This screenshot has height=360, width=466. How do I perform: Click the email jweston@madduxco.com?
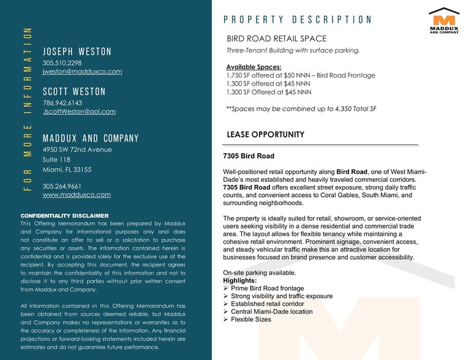click(x=82, y=72)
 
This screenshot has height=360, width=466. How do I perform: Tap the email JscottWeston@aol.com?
click(x=79, y=111)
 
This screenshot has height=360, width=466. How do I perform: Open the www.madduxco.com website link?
click(x=77, y=195)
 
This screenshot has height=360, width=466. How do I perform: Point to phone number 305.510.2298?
click(x=62, y=62)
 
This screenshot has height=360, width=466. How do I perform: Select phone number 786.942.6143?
click(x=62, y=103)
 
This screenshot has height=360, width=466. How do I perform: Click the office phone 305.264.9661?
click(x=62, y=186)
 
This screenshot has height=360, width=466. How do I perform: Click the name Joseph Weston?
click(x=77, y=51)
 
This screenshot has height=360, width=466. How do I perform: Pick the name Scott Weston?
click(x=74, y=92)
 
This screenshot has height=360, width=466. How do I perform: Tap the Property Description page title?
click(x=298, y=20)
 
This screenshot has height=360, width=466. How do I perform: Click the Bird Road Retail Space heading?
click(x=277, y=39)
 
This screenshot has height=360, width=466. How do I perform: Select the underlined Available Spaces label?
click(x=254, y=67)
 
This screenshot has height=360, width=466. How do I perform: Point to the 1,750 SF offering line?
click(x=301, y=75)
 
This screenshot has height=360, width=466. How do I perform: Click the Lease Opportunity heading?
click(x=265, y=135)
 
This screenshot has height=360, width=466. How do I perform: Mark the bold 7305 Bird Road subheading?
click(x=249, y=156)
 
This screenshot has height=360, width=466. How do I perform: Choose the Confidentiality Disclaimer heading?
click(x=64, y=216)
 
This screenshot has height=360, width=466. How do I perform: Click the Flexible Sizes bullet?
click(x=250, y=320)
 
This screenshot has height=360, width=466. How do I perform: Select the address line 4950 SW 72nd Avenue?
click(x=77, y=149)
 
